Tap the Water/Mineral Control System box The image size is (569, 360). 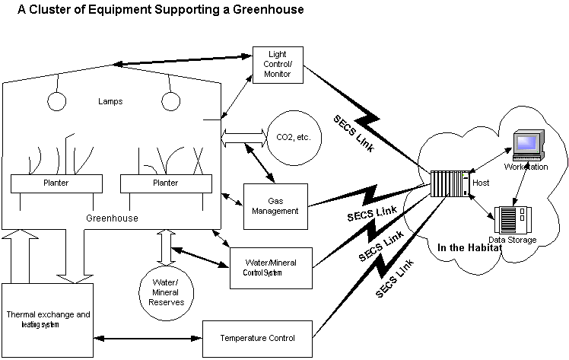(272, 267)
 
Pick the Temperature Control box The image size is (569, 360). (258, 337)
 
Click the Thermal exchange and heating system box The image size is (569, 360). (48, 319)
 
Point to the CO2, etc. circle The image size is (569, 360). (294, 139)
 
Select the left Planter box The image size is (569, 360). (57, 183)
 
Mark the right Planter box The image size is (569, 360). (166, 183)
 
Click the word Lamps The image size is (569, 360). (111, 101)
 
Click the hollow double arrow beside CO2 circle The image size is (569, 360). (242, 139)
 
